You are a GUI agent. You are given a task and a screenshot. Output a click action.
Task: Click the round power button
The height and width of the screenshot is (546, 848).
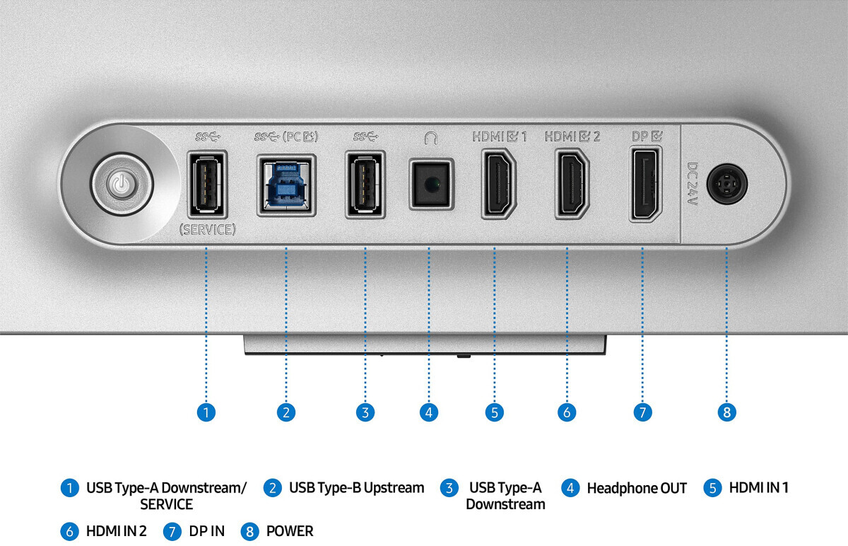pos(122,185)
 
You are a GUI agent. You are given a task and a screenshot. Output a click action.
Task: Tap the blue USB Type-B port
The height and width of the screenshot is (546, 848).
pos(286,185)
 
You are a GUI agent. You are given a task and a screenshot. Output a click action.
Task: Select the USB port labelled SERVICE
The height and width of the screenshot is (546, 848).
pos(207,184)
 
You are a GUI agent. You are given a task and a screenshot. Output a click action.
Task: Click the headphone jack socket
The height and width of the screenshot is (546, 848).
pos(431,184)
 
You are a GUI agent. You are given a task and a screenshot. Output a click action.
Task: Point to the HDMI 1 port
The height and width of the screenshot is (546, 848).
pos(499,184)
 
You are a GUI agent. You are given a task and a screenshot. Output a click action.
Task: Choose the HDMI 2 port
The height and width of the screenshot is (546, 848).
pos(572,184)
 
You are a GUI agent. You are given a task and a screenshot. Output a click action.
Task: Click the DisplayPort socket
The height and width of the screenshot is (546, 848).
pos(645,184)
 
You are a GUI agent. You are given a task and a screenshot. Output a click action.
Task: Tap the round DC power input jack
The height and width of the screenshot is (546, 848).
pos(727,184)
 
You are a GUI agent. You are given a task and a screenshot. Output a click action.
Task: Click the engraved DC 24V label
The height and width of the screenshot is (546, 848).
pos(693,184)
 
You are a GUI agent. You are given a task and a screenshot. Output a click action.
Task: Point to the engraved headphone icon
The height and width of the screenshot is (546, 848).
pos(431,138)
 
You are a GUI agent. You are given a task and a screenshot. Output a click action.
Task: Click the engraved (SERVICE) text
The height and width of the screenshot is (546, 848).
pos(208,230)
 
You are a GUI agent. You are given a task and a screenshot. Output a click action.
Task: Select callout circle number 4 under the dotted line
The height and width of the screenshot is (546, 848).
pos(429,412)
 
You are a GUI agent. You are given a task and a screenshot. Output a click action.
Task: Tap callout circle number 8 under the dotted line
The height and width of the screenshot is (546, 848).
pos(727,412)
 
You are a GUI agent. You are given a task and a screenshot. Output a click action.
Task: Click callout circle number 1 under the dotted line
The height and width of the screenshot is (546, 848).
pos(206,412)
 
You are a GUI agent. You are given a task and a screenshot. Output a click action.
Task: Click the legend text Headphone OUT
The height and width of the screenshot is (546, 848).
pos(637,488)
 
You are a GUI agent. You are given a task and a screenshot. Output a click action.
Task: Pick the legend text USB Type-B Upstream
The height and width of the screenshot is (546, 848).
pos(357,488)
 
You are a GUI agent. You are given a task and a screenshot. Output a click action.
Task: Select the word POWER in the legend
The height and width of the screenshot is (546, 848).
pos(290,531)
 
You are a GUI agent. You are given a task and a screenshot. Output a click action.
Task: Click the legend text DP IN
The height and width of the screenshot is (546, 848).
pos(206,531)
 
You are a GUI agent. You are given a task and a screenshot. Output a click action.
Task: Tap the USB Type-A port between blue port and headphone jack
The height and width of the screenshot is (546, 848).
pos(365,184)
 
